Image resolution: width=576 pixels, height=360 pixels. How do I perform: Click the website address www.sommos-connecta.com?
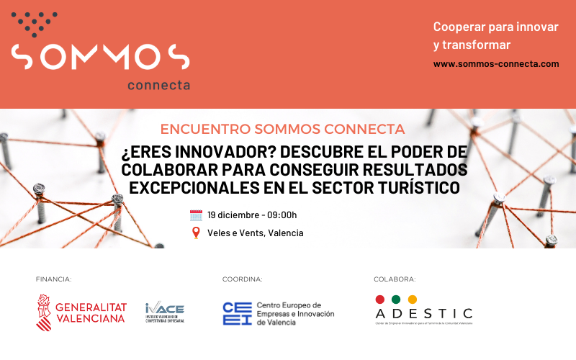point(496,63)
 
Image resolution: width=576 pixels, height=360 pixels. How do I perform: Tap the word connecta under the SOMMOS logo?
point(158,85)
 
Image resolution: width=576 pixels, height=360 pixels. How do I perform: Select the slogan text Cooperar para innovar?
point(496,27)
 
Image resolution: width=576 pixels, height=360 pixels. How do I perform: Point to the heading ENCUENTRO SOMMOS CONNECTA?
point(282,130)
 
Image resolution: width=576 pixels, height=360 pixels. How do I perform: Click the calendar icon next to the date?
point(196,215)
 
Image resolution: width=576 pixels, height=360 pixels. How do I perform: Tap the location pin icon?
point(196,233)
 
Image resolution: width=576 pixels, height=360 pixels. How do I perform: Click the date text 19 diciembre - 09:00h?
point(252,215)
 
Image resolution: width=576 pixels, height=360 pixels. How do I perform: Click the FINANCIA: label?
point(54,279)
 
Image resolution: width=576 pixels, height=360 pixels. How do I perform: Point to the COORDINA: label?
point(243,279)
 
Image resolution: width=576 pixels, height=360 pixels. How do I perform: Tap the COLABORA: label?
point(395,279)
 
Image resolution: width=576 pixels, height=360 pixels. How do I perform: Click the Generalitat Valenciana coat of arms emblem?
point(44,309)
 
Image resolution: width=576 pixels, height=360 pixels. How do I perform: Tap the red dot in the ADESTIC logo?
point(380,300)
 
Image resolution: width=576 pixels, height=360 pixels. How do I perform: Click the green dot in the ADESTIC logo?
point(396,300)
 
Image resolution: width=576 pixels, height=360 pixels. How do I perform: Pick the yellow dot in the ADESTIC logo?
point(412,300)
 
